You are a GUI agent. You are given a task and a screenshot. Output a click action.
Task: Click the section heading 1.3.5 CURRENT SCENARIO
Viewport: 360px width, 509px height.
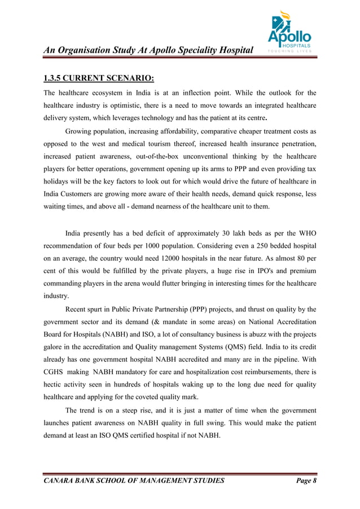[x=99, y=77]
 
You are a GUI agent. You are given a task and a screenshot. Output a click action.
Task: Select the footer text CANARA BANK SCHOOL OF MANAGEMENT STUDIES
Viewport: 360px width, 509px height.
[x=134, y=481]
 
